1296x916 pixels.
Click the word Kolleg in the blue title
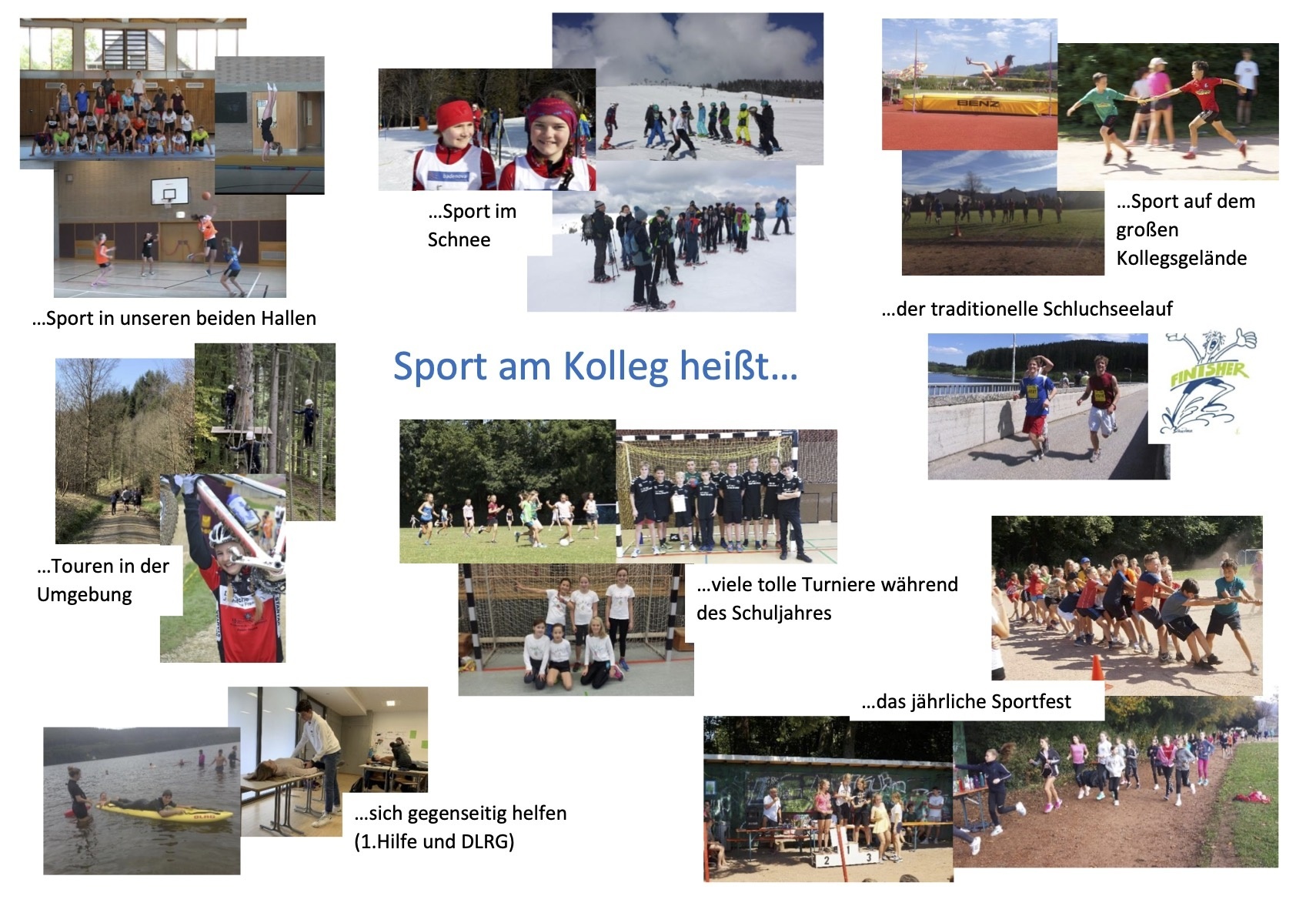(x=615, y=367)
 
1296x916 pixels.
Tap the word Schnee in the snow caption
(x=459, y=239)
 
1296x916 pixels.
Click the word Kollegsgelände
(x=1181, y=258)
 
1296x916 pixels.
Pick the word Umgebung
(x=85, y=595)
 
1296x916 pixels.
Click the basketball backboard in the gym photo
(x=169, y=191)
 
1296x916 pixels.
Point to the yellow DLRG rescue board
(x=168, y=813)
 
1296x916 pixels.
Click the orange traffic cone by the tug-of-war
(x=1097, y=667)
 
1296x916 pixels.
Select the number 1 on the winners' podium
(x=847, y=850)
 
